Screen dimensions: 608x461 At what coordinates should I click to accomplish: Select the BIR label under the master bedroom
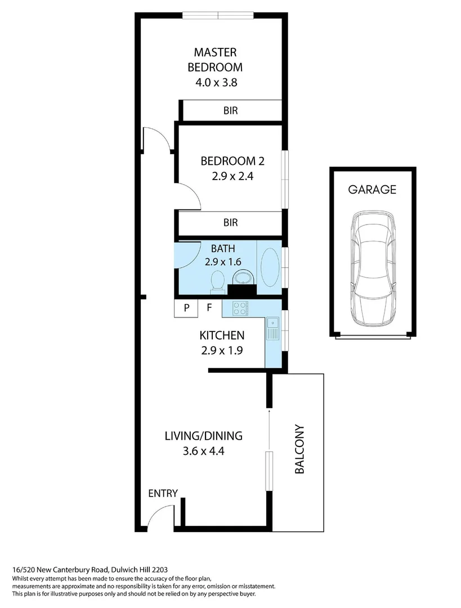230,111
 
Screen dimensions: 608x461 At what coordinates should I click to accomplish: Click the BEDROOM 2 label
232,161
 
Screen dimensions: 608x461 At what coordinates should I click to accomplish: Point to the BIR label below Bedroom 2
230,222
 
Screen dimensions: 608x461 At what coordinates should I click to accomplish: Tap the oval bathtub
271,266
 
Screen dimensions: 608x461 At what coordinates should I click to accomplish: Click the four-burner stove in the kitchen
239,307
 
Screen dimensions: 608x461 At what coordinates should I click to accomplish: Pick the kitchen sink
272,328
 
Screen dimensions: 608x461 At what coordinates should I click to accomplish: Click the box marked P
187,308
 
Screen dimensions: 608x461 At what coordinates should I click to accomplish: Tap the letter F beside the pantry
209,308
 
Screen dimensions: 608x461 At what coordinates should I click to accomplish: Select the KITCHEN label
222,336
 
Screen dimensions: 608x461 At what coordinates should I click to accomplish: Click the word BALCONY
299,449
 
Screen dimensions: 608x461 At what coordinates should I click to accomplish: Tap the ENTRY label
163,494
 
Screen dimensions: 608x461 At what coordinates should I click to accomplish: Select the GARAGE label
372,190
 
